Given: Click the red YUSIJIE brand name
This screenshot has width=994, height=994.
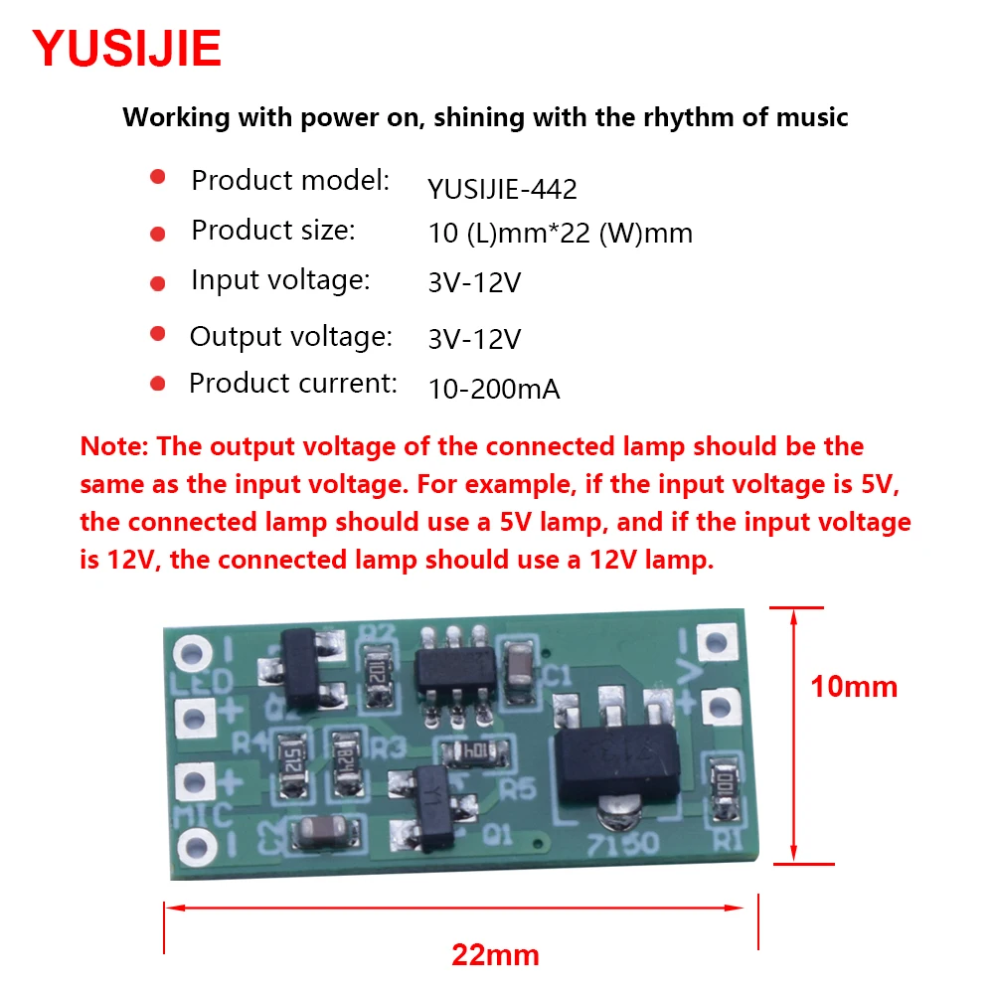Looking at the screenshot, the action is click(127, 48).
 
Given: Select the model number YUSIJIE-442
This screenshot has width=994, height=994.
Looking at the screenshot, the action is click(502, 189).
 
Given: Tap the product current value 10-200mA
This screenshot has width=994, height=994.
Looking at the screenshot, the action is click(494, 390).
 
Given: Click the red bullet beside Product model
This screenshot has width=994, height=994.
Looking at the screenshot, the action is click(157, 177).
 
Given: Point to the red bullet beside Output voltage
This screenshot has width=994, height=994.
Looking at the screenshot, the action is click(157, 333).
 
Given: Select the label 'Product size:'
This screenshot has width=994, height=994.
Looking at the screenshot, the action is click(272, 231).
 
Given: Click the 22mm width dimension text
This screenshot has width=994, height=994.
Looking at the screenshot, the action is click(495, 955).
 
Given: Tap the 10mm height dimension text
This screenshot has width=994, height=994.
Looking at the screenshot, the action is click(853, 686).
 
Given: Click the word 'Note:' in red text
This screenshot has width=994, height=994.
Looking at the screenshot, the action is click(113, 446).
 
